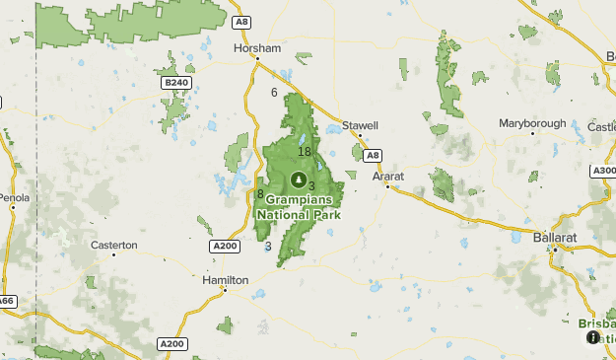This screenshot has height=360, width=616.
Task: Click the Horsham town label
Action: [257, 47]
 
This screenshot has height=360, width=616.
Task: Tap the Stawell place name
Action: [353, 125]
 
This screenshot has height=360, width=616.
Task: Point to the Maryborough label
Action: [532, 123]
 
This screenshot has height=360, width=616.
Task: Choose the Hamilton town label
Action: [225, 280]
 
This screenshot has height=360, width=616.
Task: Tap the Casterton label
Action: [114, 244]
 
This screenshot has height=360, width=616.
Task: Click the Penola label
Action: [14, 197]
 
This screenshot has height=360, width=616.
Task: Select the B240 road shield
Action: [176, 83]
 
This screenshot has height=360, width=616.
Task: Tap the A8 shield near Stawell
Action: [371, 155]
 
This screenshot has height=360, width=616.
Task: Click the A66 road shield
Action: [6, 300]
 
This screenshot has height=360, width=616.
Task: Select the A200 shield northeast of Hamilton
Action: [224, 246]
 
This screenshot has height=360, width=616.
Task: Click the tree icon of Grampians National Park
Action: [299, 180]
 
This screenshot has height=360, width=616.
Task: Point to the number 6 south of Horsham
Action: [274, 93]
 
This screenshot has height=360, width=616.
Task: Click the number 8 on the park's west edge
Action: [260, 194]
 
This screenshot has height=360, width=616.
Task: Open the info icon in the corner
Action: [592, 337]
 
